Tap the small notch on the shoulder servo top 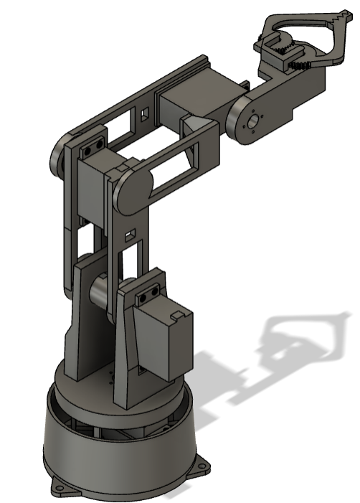176,314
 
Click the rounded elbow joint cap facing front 130,190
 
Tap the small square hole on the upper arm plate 130,235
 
